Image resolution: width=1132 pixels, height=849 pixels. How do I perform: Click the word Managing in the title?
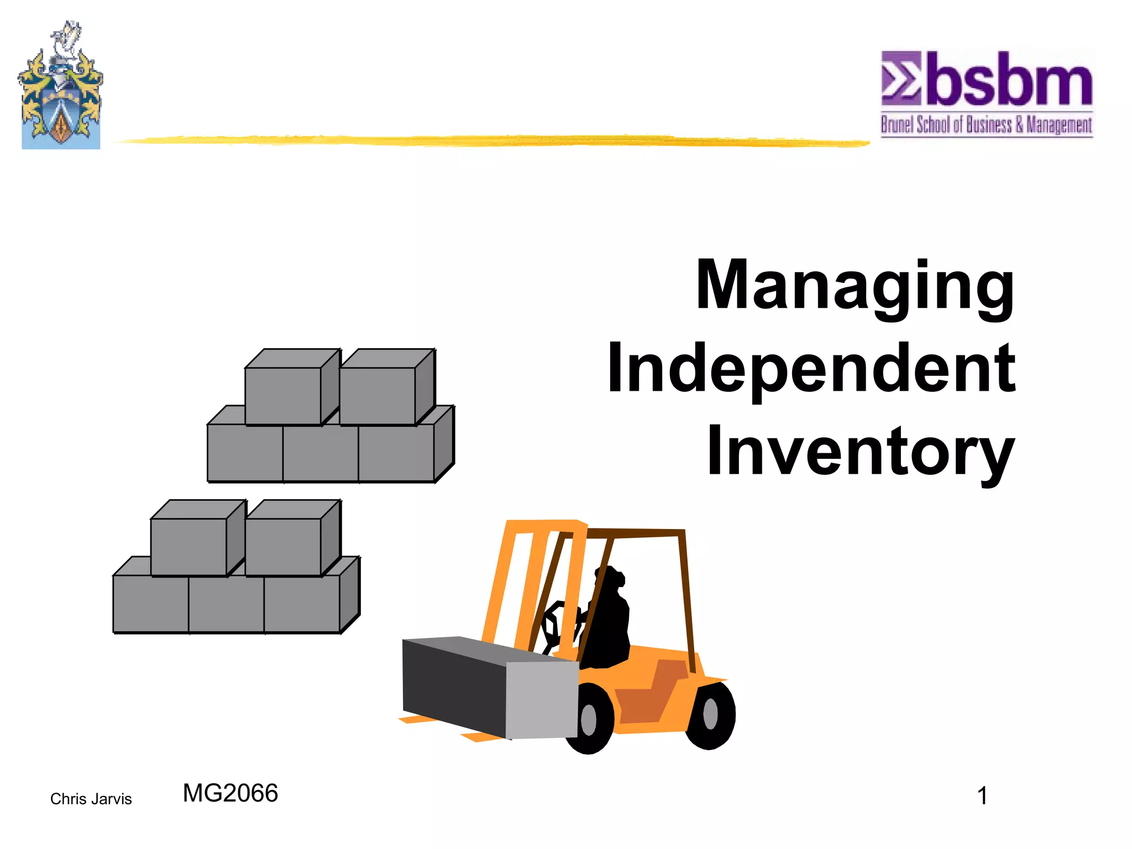855,286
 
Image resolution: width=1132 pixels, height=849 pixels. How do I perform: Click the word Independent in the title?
811,369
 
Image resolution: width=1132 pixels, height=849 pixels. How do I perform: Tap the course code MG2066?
230,793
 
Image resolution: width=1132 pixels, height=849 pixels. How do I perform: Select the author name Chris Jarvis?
91,799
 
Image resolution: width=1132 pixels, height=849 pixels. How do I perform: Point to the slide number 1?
982,796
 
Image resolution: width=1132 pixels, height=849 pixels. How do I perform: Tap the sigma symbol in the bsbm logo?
900,78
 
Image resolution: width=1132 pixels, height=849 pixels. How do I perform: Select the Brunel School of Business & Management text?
987,125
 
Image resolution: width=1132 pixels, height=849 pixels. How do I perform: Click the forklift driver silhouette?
608,619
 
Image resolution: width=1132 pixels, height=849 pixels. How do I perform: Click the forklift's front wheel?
589,719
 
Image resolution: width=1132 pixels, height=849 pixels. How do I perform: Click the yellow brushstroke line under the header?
492,141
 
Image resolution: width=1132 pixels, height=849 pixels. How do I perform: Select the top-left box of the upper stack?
283,395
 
